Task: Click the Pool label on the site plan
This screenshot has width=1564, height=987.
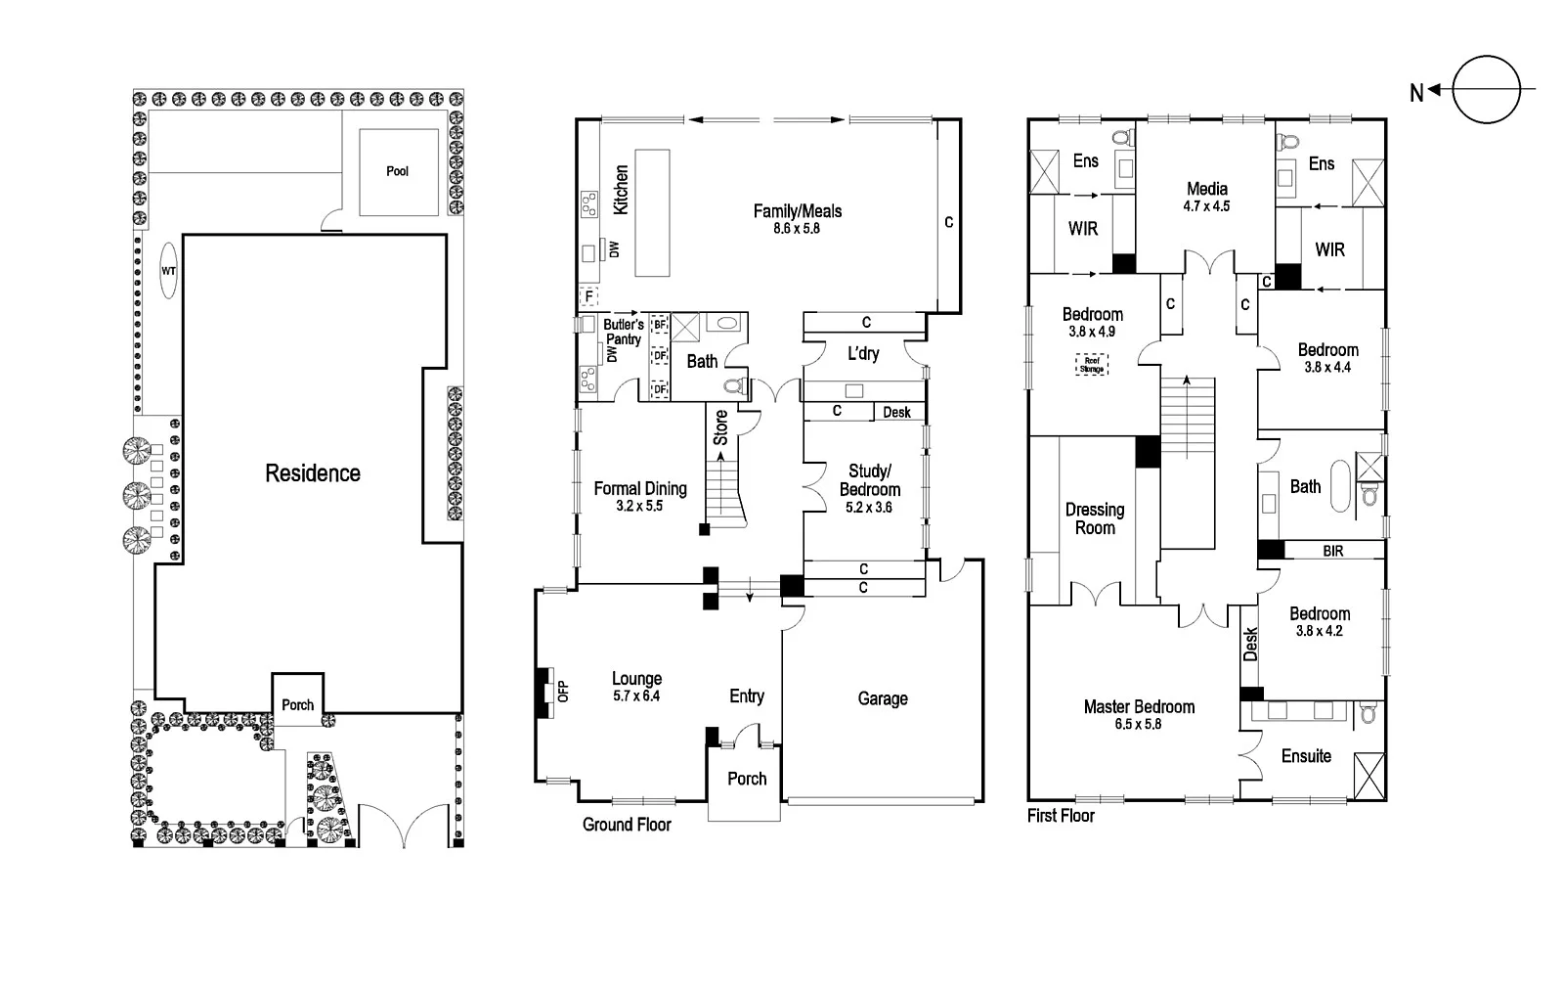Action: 397,171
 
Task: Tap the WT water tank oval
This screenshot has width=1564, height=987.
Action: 168,270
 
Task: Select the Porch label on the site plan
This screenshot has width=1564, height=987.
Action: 298,704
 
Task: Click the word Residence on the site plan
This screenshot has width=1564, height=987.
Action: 313,473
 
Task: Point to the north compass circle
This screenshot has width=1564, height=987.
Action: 1486,90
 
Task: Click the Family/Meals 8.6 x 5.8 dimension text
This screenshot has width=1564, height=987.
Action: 799,229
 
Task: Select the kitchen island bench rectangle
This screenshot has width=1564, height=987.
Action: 652,213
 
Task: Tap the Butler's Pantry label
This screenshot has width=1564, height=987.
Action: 624,332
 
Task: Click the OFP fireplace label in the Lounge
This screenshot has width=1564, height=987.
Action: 562,692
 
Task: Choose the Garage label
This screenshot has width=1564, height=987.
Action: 883,698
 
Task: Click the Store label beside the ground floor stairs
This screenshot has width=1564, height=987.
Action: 720,427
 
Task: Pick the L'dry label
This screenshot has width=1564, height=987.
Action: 862,353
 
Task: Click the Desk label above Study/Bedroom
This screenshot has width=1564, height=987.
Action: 896,413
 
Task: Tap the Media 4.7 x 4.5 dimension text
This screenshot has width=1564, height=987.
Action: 1206,206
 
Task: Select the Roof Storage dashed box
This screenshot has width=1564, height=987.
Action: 1092,365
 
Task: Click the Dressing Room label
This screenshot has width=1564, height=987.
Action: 1095,518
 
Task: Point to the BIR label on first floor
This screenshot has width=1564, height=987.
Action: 1333,552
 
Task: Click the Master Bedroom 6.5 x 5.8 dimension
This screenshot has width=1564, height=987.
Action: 1139,725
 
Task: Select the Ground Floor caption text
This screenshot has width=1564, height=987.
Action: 627,825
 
